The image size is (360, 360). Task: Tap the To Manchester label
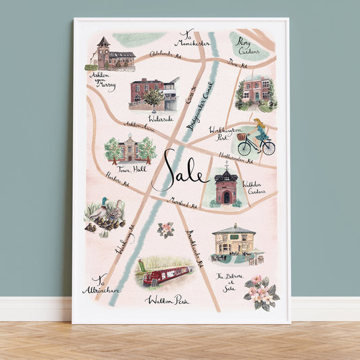(x=192, y=39)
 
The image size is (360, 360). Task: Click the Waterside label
(x=161, y=118)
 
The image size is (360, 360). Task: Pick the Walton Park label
(x=166, y=299)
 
